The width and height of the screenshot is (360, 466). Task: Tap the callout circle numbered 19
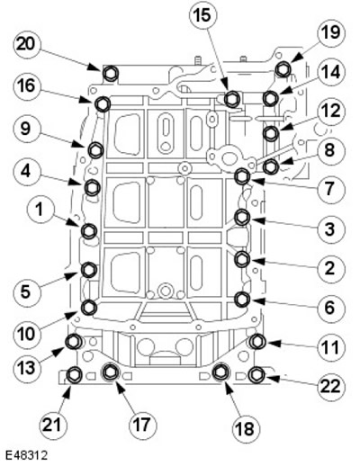tap(331, 32)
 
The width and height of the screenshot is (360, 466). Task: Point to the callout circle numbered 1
tap(40, 211)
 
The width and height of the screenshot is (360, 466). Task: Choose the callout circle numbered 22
tap(330, 386)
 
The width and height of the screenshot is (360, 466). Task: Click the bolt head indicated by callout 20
tap(110, 73)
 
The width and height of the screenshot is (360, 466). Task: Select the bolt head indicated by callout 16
tap(102, 103)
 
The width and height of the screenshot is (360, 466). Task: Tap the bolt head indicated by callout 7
tap(242, 176)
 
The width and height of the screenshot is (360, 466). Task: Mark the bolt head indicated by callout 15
tap(231, 99)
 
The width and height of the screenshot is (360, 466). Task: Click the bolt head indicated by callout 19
tap(283, 69)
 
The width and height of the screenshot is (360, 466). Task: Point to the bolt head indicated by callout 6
tap(242, 300)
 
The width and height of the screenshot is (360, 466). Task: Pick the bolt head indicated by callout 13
tap(74, 342)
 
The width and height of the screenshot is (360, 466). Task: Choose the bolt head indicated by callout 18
tap(220, 372)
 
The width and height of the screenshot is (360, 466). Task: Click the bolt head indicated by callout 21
tap(73, 375)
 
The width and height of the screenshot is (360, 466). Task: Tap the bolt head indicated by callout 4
tap(92, 188)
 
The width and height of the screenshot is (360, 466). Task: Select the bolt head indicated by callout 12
tap(270, 132)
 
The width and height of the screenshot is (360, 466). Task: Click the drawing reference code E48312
tap(26, 456)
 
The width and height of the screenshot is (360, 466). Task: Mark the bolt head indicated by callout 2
tap(242, 259)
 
